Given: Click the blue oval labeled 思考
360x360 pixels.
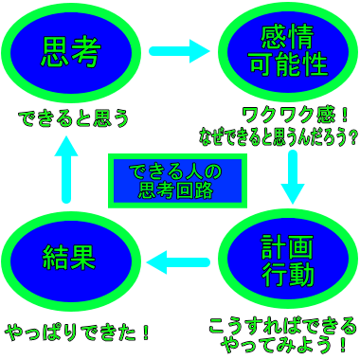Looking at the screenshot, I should [71, 52].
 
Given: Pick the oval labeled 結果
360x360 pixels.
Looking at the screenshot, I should [71, 258].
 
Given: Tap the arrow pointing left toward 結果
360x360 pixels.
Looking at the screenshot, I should [181, 258].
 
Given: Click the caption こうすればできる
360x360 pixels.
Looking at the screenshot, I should [282, 324].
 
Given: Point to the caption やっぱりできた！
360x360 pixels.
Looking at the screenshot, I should [79, 333].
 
